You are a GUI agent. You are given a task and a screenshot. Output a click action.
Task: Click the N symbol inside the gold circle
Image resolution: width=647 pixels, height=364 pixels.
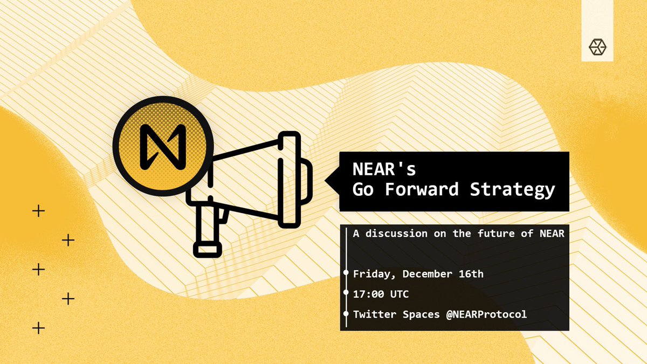point(163,145)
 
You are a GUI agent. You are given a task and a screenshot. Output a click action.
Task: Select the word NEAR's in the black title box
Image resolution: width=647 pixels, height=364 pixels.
point(384,170)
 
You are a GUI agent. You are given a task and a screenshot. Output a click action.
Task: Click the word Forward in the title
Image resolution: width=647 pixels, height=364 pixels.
point(430,190)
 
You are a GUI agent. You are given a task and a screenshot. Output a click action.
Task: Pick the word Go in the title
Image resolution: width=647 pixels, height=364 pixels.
point(364,190)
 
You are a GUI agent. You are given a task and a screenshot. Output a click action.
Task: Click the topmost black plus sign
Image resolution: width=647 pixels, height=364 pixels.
point(38,211)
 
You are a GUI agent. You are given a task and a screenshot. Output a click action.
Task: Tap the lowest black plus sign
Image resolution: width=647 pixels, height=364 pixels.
point(38,327)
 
